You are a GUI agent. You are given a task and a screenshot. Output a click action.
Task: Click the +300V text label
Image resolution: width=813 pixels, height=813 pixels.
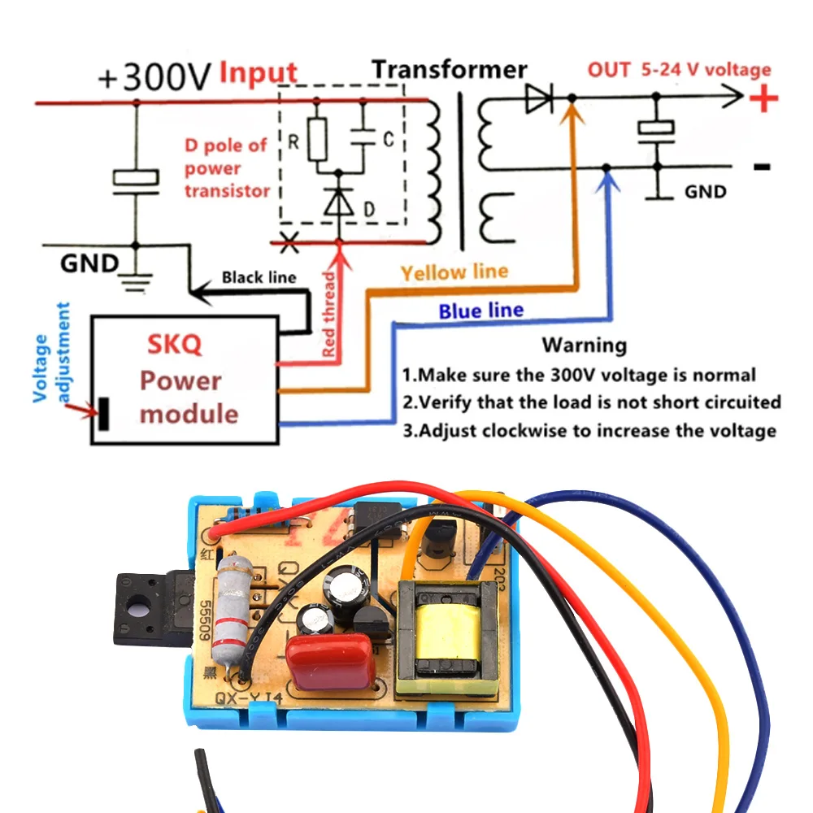click(154, 77)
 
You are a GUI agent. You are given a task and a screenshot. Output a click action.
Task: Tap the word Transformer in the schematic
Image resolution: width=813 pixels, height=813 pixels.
click(449, 70)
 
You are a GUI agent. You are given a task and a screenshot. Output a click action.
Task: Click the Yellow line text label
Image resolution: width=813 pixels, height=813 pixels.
click(454, 272)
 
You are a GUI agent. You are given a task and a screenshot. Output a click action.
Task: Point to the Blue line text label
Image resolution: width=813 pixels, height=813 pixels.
click(480, 311)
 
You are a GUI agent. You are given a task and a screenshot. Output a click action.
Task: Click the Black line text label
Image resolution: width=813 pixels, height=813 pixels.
click(259, 277)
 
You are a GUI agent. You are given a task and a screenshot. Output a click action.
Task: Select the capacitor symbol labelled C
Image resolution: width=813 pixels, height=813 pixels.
click(363, 140)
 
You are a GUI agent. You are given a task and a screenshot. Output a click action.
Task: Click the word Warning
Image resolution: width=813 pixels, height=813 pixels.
click(585, 345)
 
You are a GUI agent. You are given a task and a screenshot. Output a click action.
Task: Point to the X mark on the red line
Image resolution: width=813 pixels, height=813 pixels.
click(286, 241)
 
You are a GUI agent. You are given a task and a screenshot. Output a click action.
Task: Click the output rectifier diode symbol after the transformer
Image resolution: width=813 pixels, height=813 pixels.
click(537, 99)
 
